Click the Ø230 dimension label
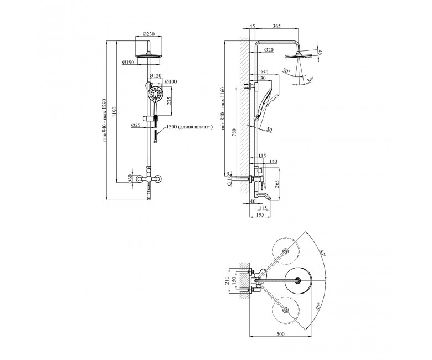pyautogui.click(x=149, y=34)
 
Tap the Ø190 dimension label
pyautogui.click(x=128, y=62)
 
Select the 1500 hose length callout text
pyautogui.click(x=190, y=127)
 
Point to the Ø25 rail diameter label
pyautogui.click(x=136, y=125)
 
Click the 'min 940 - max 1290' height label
pyautogui.click(x=105, y=120)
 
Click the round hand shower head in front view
pyautogui.click(x=155, y=94)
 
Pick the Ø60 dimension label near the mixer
pyautogui.click(x=130, y=179)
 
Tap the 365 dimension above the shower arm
pyautogui.click(x=276, y=26)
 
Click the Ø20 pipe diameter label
pyautogui.click(x=269, y=50)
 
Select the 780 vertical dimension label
pyautogui.click(x=234, y=132)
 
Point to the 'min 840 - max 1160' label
pyautogui.click(x=223, y=108)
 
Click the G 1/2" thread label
pyautogui.click(x=229, y=179)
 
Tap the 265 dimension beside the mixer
pyautogui.click(x=276, y=184)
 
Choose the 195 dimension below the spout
pyautogui.click(x=260, y=214)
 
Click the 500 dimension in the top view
pyautogui.click(x=280, y=334)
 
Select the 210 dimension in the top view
pyautogui.click(x=227, y=281)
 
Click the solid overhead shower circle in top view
pyautogui.click(x=298, y=281)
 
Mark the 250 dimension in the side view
pyautogui.click(x=264, y=73)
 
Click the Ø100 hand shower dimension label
pyautogui.click(x=171, y=81)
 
